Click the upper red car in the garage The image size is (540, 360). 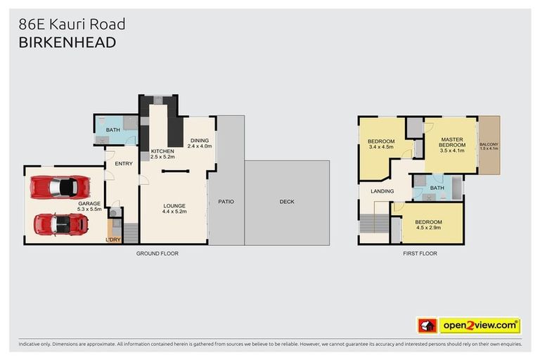click(x=60, y=188)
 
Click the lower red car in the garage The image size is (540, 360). click(x=61, y=224)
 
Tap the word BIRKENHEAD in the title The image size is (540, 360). click(x=67, y=42)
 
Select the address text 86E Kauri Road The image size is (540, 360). click(x=72, y=24)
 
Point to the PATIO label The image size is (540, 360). click(x=226, y=202)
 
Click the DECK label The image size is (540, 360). click(x=287, y=202)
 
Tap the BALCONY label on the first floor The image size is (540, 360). click(x=489, y=144)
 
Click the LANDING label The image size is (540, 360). click(x=382, y=191)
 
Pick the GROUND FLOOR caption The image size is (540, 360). click(x=157, y=253)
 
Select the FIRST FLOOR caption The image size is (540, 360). click(x=420, y=253)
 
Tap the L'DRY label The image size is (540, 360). click(x=113, y=240)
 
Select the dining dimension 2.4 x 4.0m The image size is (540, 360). click(x=200, y=146)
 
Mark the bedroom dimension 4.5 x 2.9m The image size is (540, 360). click(x=427, y=227)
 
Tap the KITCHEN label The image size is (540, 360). click(x=162, y=151)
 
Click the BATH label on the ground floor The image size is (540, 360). click(x=112, y=130)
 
